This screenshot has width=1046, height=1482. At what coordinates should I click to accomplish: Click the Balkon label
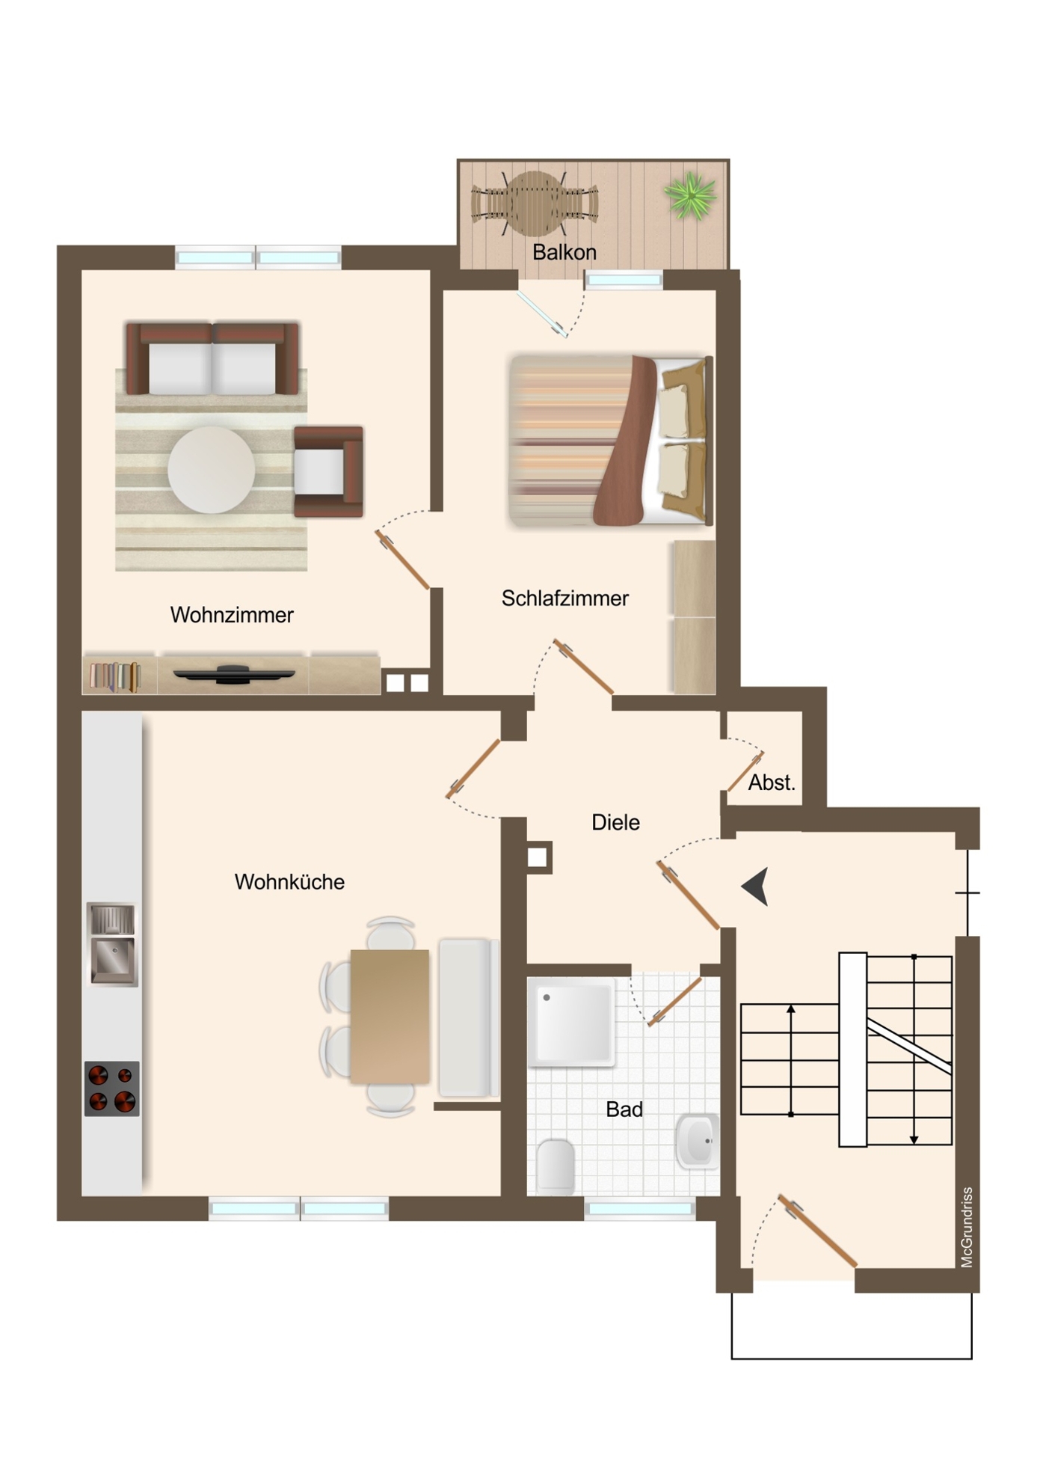(564, 252)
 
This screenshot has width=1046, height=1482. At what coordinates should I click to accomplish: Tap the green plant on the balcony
(689, 195)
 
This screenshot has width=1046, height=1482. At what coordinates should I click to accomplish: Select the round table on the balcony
(534, 203)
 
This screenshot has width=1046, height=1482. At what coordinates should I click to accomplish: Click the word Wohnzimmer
(232, 615)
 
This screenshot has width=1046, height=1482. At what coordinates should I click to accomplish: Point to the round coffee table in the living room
(211, 470)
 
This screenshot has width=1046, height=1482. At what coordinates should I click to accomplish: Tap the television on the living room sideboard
(233, 674)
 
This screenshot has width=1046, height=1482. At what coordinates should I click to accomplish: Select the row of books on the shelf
(114, 676)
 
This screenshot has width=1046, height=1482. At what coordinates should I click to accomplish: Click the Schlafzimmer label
(564, 598)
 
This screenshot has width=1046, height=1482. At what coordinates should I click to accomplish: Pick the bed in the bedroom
(609, 440)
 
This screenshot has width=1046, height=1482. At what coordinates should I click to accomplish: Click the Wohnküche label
(289, 882)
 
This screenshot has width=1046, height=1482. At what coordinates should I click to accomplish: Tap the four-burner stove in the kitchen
(111, 1088)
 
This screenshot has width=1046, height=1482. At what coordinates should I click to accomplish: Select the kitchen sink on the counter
(112, 944)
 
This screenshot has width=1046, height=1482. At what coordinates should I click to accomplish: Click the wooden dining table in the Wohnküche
(390, 1016)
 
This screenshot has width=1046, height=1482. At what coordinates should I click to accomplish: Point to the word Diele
(615, 823)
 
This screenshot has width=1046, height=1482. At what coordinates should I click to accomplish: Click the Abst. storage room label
(772, 783)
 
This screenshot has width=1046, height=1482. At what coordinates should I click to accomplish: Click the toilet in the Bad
(556, 1166)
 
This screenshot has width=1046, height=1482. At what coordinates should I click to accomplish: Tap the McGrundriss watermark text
(967, 1227)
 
